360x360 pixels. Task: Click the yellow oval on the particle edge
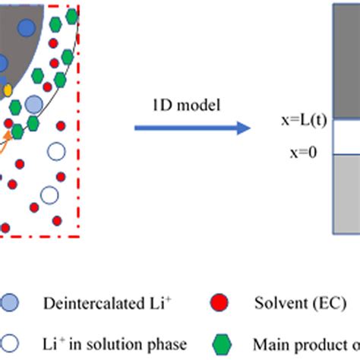pos(8,90)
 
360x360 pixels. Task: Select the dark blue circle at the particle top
pos(27,29)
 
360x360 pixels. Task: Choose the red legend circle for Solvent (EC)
pos(220,302)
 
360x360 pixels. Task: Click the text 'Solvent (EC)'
pos(287,302)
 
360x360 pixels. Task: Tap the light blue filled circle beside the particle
pos(34,103)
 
